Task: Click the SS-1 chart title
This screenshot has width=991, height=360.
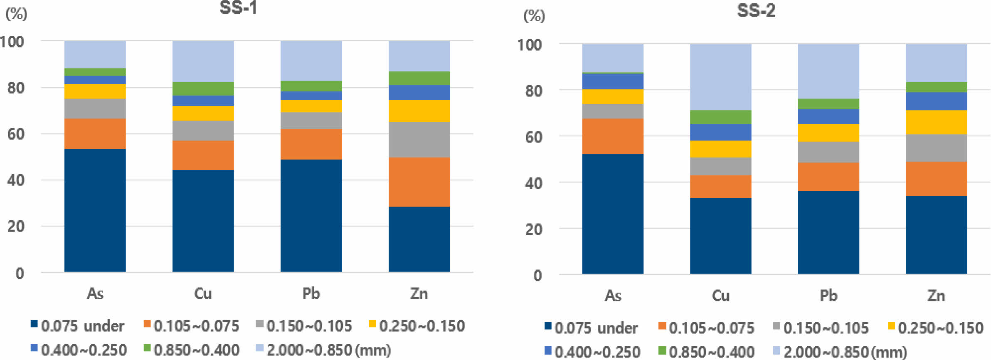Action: pos(238,8)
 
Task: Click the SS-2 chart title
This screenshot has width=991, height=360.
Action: pos(756,10)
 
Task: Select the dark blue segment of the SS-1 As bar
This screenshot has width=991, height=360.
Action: pos(95,210)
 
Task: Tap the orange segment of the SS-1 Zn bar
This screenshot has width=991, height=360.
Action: pos(419,182)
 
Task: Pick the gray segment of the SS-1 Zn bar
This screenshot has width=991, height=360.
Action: pos(419,139)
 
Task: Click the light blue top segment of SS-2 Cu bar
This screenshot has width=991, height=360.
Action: pos(720,77)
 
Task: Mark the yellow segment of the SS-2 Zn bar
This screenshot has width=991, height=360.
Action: pos(936,122)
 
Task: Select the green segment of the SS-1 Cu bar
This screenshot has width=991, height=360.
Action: pos(203,89)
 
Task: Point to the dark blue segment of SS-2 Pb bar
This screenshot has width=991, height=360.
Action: pos(828,232)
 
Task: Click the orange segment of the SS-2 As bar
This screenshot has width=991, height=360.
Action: pos(613,136)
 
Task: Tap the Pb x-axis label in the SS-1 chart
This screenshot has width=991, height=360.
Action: pos(311,293)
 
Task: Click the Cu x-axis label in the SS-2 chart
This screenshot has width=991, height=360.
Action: pos(720,296)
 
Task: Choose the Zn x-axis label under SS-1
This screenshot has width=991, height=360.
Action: pos(419,293)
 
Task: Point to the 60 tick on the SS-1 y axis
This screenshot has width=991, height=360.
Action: pos(16,134)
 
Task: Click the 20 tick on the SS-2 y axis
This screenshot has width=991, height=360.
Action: pos(533,229)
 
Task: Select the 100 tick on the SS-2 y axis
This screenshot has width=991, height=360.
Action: pos(529,44)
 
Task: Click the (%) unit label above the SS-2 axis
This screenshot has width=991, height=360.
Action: pos(534,16)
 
